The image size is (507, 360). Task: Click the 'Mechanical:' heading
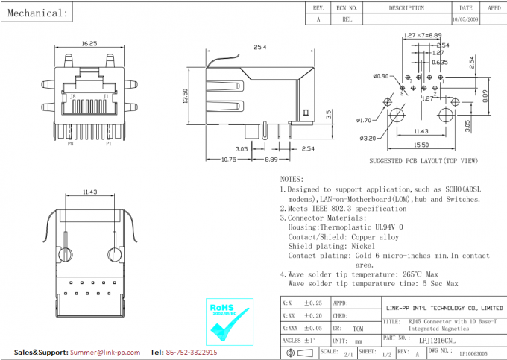38,13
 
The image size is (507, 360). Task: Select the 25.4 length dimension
260,47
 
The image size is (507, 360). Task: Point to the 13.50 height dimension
185,96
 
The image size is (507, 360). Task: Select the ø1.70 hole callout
365,120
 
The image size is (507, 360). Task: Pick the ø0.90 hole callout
381,76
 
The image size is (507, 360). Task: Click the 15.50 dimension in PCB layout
421,145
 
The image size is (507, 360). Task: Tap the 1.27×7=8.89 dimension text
423,36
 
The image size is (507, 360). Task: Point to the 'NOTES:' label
292,179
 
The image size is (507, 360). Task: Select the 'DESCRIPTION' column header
406,7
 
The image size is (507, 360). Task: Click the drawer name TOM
359,328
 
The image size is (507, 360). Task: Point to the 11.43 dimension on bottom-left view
91,192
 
